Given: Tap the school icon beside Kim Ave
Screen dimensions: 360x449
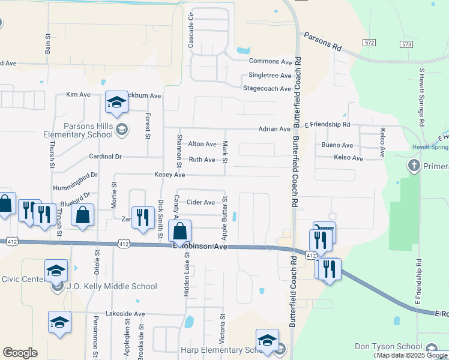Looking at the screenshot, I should [116, 102].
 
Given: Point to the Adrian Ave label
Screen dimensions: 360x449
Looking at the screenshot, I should [274, 129].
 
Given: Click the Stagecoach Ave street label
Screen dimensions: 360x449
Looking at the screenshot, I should [267, 88].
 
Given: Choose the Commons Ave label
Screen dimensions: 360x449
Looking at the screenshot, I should [270, 61].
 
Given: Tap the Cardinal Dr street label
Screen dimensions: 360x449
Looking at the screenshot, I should [105, 157].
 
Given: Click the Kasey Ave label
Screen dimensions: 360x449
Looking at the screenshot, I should [170, 174].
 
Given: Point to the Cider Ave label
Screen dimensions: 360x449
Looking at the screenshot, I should [200, 203].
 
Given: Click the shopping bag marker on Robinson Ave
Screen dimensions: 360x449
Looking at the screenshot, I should [180, 230].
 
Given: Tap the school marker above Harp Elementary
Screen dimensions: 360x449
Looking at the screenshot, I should [267, 340].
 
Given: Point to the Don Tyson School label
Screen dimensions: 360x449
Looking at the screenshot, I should [388, 347].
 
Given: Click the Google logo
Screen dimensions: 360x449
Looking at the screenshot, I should [20, 353].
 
